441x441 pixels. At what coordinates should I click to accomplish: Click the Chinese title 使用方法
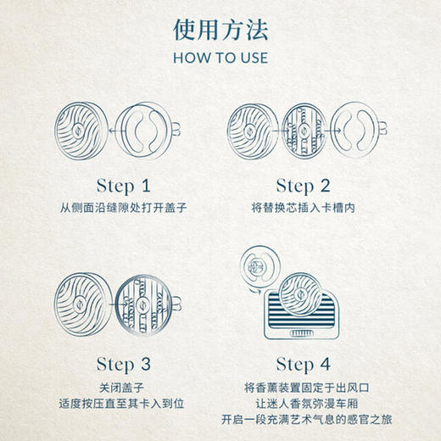point(220,31)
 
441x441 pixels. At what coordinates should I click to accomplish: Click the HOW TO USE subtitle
point(220,59)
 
